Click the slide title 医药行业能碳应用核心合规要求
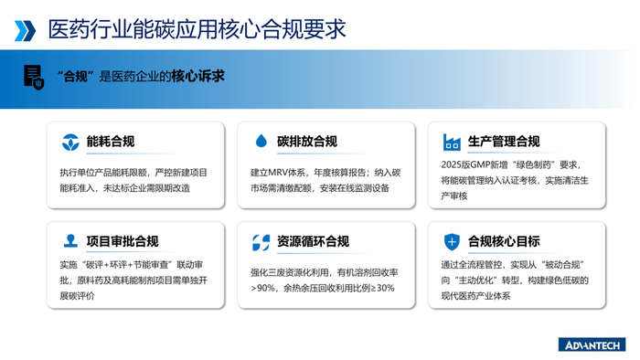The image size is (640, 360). (x=197, y=29)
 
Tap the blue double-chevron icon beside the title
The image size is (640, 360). (x=26, y=30)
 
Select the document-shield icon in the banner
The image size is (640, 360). (x=33, y=77)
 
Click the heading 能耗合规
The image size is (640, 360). (x=111, y=142)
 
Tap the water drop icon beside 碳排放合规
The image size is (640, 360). (x=261, y=142)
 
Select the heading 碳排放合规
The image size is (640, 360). (x=307, y=142)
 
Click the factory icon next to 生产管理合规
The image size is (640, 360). (x=452, y=142)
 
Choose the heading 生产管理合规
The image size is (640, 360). (x=504, y=142)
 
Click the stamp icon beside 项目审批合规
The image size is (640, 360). (x=70, y=241)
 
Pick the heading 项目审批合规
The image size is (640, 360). (x=123, y=241)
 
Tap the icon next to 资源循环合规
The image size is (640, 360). (x=261, y=242)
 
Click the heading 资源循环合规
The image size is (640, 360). (x=314, y=242)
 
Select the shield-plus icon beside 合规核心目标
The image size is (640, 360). (x=452, y=241)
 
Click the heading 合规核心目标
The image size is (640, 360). (x=504, y=241)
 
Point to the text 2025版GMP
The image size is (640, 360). (x=465, y=165)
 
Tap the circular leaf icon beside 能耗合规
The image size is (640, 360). (x=70, y=143)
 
